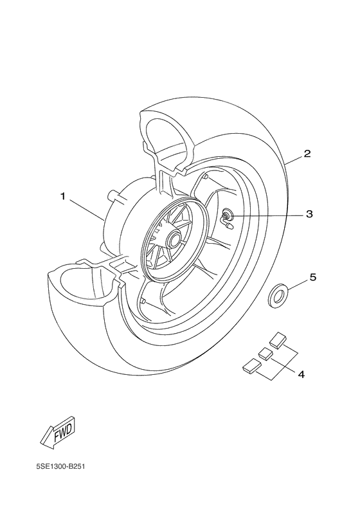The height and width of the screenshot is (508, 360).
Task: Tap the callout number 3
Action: point(309,214)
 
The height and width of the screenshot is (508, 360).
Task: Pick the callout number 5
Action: point(313,278)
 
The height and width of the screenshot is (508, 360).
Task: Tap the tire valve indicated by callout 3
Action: point(228,219)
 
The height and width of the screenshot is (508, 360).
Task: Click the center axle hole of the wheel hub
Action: point(174,241)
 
